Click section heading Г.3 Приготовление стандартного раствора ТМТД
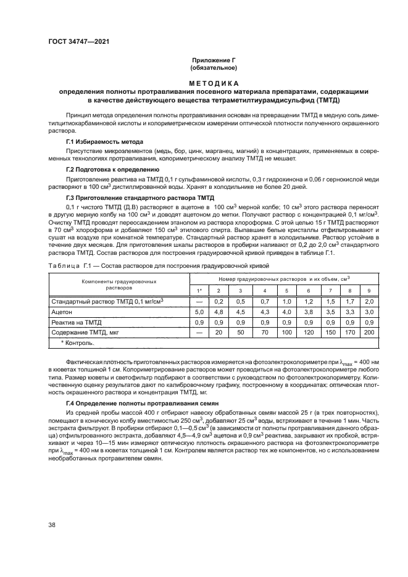click(x=132, y=196)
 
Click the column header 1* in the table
click(x=199, y=291)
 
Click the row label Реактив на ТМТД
click(x=73, y=322)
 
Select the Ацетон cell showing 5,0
click(x=199, y=312)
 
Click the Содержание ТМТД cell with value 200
click(x=369, y=332)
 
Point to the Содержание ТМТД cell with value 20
click(x=218, y=332)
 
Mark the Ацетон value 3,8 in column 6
click(x=308, y=312)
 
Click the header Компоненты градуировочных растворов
click(x=119, y=284)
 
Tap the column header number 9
click(x=369, y=291)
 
